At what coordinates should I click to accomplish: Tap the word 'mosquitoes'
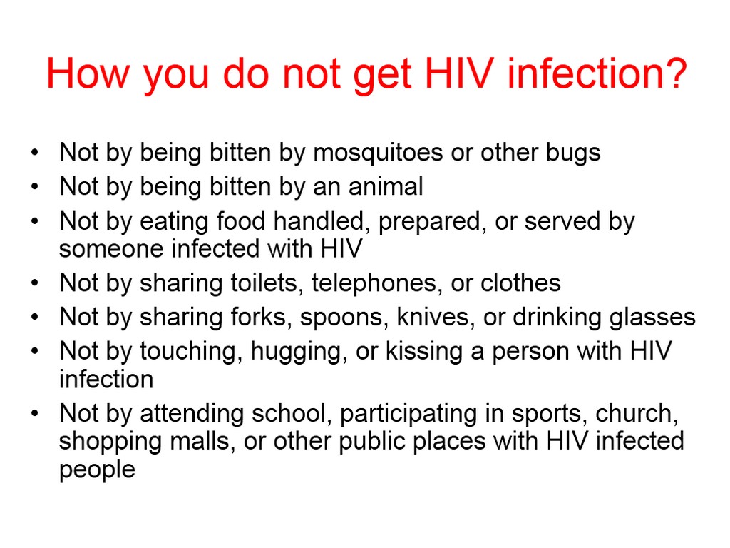coord(378,153)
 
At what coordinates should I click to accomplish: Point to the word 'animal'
coord(386,186)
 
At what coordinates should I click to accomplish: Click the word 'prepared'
coord(428,222)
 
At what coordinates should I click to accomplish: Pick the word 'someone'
coord(111,248)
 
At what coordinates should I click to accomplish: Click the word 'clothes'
coord(520,283)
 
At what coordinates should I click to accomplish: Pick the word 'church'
coord(637,413)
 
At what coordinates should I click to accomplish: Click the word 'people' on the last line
coord(97,470)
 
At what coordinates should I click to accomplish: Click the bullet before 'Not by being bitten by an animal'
coord(34,187)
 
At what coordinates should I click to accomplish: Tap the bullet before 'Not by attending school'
coord(34,413)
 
